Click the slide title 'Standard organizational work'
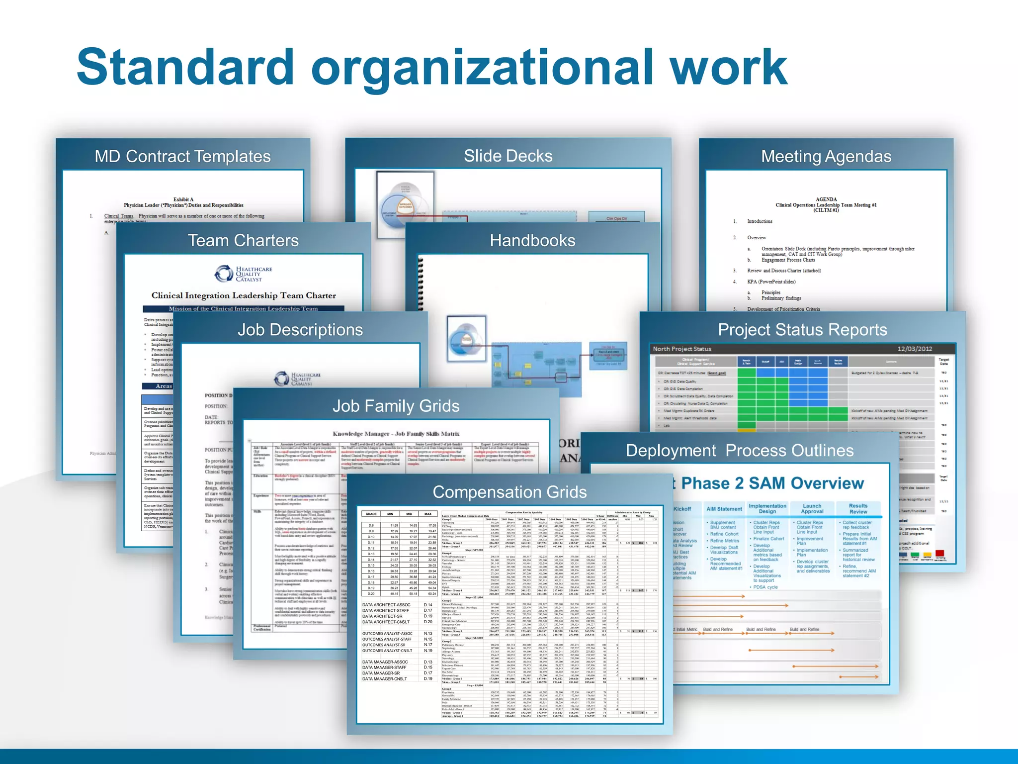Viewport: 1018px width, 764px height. click(431, 67)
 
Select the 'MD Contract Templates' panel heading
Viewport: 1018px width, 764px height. click(182, 157)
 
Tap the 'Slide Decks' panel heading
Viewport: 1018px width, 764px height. click(508, 156)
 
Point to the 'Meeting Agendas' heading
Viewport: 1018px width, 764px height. click(826, 157)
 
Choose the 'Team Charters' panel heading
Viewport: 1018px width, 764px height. click(243, 241)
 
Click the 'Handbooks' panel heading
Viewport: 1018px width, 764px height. click(532, 241)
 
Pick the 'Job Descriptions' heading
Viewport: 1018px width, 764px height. click(300, 330)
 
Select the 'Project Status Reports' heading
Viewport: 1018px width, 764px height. click(802, 330)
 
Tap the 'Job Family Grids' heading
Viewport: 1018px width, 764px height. click(396, 406)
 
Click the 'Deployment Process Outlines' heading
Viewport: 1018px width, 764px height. click(740, 451)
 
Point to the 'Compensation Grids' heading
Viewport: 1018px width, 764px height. click(509, 492)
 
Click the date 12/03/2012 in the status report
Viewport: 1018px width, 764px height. click(915, 349)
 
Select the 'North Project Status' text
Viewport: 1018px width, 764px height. click(682, 349)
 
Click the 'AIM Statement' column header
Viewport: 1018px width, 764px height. click(724, 509)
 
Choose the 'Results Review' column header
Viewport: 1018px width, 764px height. click(858, 508)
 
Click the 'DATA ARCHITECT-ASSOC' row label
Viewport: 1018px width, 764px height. click(386, 605)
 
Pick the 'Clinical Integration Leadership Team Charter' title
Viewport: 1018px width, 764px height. click(244, 295)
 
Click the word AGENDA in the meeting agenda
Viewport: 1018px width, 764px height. click(826, 199)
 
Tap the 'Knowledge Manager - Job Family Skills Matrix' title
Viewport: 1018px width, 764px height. click(396, 434)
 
